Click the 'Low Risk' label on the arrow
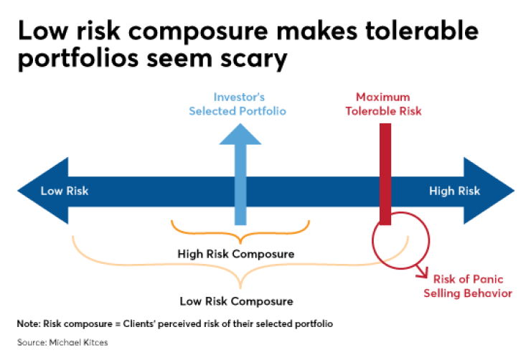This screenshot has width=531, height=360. tap(65, 191)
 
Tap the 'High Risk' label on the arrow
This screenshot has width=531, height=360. tap(454, 191)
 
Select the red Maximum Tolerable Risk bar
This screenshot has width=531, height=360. tap(385, 174)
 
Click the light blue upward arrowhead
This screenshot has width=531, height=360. tap(240, 134)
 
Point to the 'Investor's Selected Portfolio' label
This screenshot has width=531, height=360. tap(238, 104)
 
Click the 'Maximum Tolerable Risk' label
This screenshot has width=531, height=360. tap(383, 104)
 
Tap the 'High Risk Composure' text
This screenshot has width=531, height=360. tap(236, 254)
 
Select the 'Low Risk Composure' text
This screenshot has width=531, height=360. tap(236, 301)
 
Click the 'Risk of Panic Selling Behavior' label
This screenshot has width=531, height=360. tap(468, 286)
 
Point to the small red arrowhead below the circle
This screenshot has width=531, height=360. tap(423, 273)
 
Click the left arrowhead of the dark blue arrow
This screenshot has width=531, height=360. tap(43, 191)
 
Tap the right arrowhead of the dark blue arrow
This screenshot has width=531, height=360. tap(489, 191)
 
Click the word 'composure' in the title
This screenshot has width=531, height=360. tap(198, 31)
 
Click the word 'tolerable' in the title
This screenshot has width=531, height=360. tap(422, 30)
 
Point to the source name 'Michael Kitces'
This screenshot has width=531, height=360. tap(78, 342)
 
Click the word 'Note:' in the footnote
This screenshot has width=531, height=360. tap(29, 324)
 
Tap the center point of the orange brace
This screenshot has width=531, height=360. tap(240, 243)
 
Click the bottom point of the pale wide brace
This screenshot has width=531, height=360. tap(240, 288)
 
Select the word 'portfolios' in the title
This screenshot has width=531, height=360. tap(78, 59)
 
